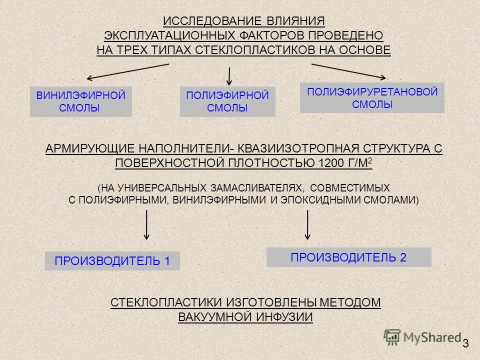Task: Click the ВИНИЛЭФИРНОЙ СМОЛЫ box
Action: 81,101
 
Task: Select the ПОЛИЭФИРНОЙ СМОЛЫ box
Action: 227,101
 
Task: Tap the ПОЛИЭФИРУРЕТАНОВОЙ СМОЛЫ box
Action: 372,97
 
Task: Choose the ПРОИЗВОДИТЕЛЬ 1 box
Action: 112,261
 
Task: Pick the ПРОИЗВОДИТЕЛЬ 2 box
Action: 348,257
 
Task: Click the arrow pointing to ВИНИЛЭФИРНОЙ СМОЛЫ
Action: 128,71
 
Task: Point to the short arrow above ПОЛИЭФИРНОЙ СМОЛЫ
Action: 229,76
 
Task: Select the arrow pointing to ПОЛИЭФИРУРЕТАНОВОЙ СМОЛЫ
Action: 348,71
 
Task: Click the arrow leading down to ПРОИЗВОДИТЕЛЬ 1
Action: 146,224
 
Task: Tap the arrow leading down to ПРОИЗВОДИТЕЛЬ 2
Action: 307,224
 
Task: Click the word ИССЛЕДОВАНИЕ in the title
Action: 212,21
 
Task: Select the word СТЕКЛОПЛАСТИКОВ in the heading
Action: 254,50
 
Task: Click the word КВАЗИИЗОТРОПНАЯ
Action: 298,148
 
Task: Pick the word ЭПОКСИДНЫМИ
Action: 321,200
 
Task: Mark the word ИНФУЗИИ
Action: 284,317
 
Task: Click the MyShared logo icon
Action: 392,337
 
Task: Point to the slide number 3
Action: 465,343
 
